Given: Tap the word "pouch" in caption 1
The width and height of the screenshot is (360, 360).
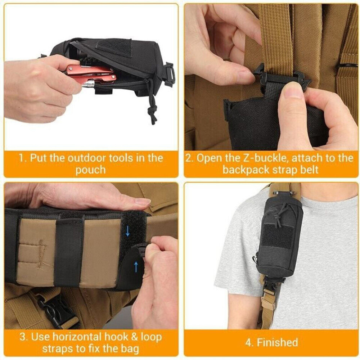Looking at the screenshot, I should [90, 170].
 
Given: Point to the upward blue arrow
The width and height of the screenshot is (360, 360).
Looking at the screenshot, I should [136, 266].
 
